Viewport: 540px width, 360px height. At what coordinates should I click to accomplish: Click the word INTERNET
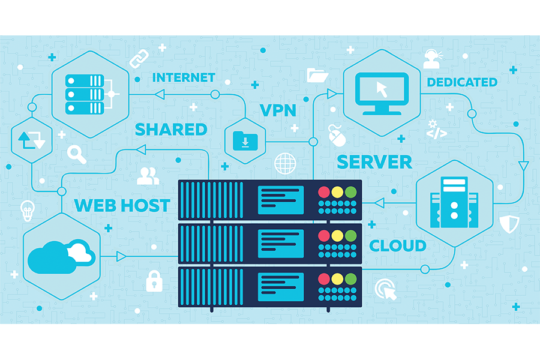(184, 77)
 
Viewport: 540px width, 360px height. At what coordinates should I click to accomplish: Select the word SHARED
(171, 129)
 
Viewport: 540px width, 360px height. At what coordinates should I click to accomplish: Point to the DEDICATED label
(462, 82)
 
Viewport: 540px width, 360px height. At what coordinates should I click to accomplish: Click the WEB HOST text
(122, 205)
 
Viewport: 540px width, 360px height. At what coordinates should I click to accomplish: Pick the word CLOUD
(398, 245)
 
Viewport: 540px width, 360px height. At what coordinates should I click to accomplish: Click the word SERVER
(374, 161)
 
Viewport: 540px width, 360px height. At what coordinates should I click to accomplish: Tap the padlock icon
(155, 280)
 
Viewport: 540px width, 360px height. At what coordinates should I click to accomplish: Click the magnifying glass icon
(77, 154)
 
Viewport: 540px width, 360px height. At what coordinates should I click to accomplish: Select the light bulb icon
(27, 210)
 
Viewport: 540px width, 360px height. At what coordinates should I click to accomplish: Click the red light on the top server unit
(324, 193)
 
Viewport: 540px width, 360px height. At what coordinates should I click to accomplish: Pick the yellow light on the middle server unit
(337, 236)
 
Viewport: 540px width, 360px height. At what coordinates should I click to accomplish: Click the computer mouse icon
(337, 135)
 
